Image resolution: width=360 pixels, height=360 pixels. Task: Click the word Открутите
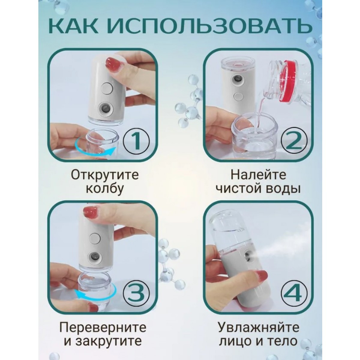tap(105, 175)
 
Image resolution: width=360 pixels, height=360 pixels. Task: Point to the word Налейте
tap(258, 175)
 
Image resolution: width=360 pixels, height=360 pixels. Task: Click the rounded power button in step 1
tap(106, 89)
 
